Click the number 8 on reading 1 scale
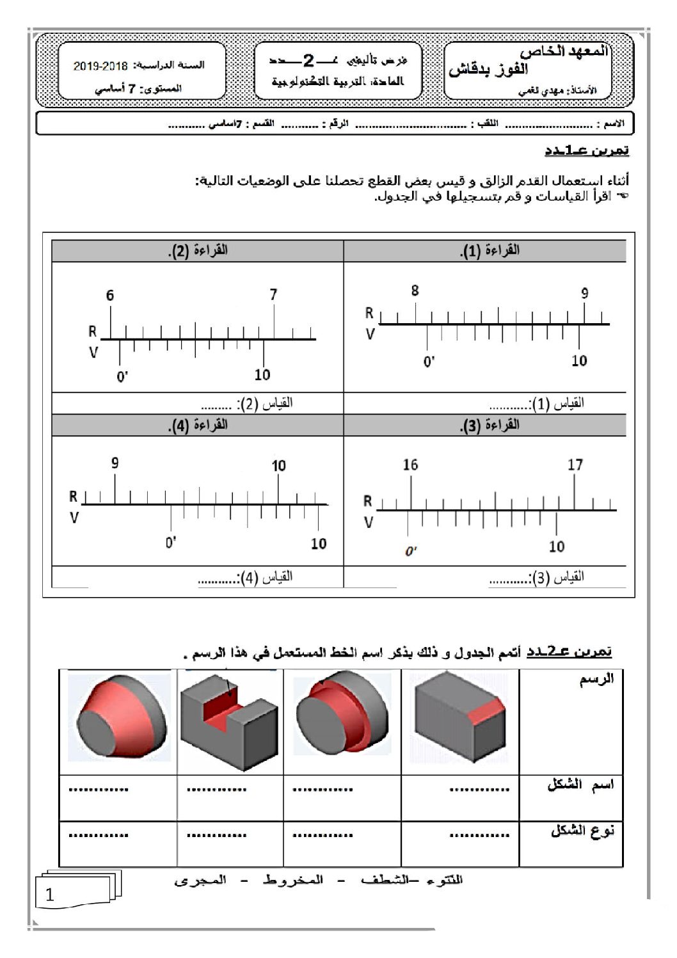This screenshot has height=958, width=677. coord(415,291)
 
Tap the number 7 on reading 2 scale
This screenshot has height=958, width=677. coord(273,294)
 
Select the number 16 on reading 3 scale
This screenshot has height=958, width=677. coord(410,465)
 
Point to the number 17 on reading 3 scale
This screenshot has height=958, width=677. coord(575,465)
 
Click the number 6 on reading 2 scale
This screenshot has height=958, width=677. coord(110,295)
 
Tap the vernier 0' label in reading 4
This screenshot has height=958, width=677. coord(171,543)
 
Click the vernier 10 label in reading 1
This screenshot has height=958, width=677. coord(579,361)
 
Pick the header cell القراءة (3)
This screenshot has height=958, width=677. coord(490,425)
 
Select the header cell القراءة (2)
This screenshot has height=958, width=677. coord(198,251)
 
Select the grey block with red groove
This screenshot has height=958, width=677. coord(230,720)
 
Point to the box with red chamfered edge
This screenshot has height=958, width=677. coord(459,717)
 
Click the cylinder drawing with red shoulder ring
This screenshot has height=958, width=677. coord(342,717)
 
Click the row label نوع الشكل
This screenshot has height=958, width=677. coord(582,831)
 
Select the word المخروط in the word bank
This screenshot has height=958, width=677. coord(293,881)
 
